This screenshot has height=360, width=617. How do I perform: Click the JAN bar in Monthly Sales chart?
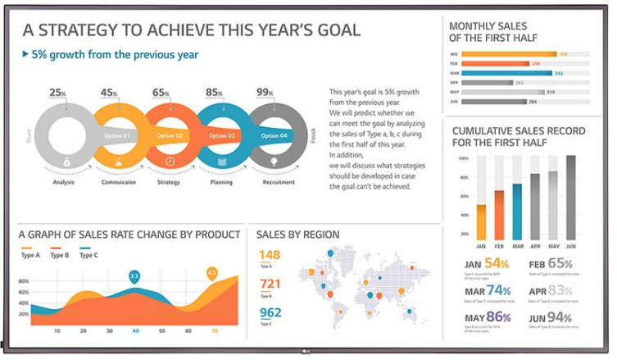pos(509,54)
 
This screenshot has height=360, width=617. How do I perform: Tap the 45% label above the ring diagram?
pos(109,93)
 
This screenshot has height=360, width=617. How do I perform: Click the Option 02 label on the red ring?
pos(170,135)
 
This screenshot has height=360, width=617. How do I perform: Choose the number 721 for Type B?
pos(270,284)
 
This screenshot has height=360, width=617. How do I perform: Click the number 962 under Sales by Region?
pos(270,312)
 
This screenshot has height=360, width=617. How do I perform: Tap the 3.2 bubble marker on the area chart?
pos(134,276)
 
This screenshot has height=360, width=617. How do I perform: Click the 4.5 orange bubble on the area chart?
pos(212,272)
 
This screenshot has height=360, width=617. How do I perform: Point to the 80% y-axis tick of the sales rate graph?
pos(24,280)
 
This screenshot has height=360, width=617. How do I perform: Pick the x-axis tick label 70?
pos(214,331)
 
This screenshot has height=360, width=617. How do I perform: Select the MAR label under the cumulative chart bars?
pos(517,246)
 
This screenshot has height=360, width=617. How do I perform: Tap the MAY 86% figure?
pos(487,317)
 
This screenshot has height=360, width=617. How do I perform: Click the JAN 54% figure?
pos(486,263)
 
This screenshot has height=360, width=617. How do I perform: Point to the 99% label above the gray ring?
pos(264,93)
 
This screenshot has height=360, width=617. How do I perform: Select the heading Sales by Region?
pos(297,235)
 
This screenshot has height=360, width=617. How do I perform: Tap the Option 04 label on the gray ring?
pos(273,135)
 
